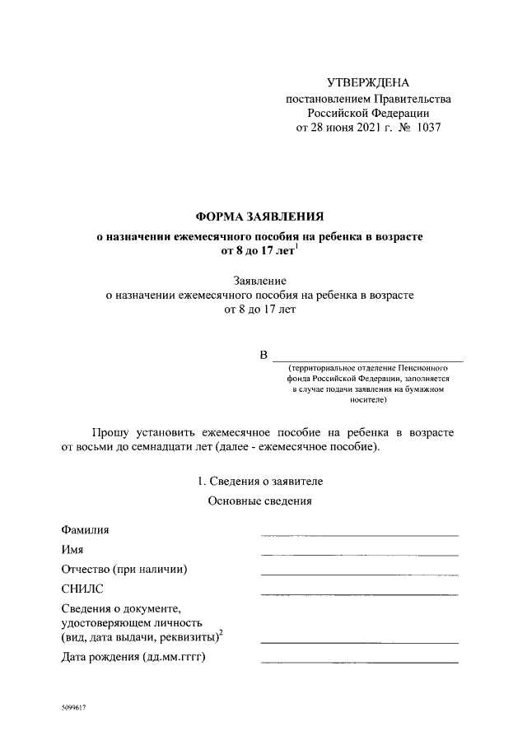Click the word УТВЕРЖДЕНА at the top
(367, 82)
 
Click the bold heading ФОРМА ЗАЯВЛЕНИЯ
(260, 217)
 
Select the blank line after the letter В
(367, 360)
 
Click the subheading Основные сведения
(260, 501)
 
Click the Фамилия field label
(85, 529)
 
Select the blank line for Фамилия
(359, 535)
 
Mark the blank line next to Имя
(359, 555)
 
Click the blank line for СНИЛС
(359, 594)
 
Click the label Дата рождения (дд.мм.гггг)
(133, 657)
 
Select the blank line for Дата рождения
(359, 662)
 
